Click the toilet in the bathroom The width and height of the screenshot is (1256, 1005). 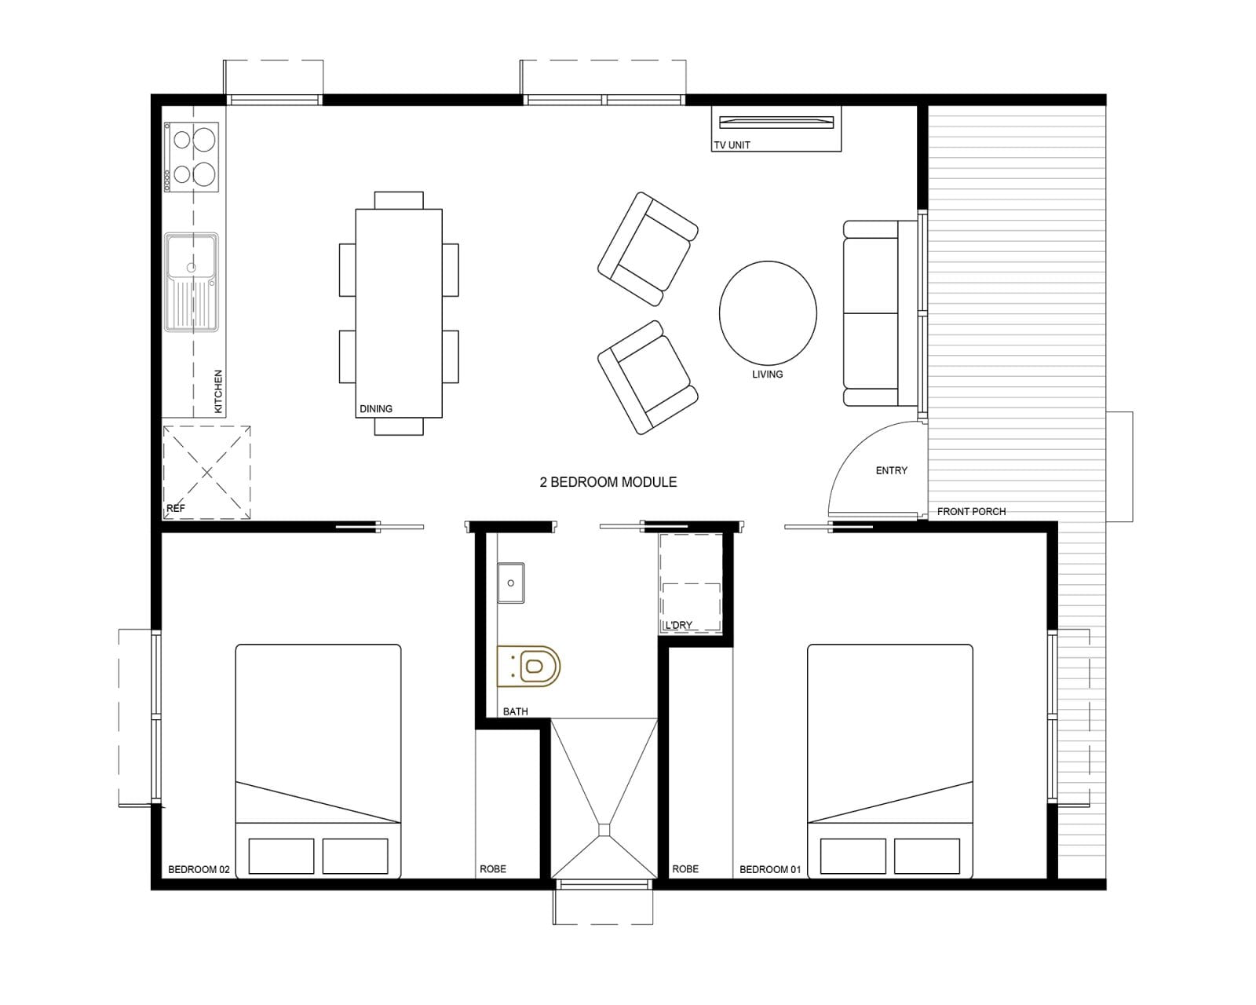point(528,666)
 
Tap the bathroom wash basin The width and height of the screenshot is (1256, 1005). point(511,583)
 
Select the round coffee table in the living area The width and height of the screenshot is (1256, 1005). point(768,313)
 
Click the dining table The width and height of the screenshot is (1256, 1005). point(399,313)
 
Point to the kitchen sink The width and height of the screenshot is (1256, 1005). point(192,282)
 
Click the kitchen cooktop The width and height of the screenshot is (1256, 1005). point(192,157)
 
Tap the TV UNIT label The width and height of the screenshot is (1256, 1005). point(732,144)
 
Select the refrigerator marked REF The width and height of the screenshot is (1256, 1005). point(206,473)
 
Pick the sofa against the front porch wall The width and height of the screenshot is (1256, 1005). point(881,313)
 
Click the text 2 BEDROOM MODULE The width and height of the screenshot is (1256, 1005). point(608,482)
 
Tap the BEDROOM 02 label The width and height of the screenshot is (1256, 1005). point(199,869)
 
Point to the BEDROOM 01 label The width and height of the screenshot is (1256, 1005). point(770,869)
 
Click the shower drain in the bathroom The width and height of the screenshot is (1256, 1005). point(604,830)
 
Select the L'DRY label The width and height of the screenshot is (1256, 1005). point(679,625)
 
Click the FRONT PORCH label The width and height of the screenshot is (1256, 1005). point(972,512)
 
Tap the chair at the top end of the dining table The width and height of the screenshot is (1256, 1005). point(399,199)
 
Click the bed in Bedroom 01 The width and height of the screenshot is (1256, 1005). point(890,761)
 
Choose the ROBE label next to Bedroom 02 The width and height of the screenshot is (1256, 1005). point(493,869)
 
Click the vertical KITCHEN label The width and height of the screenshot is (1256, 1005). point(218,391)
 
